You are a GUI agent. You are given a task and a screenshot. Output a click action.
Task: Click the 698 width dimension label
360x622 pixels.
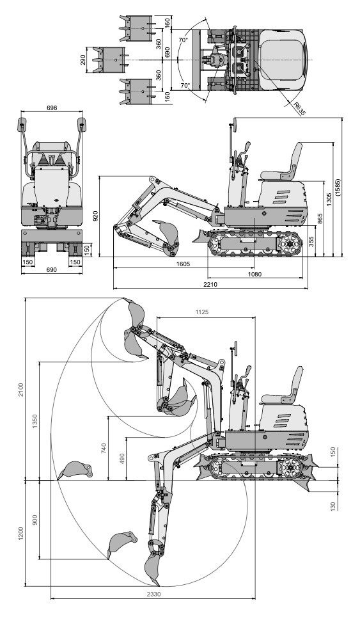click(52, 108)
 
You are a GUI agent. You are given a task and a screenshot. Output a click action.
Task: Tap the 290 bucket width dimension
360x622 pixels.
click(83, 60)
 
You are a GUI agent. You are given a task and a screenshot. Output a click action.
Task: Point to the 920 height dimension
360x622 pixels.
click(96, 217)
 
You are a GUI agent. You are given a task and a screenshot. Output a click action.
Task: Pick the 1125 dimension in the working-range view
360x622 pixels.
click(203, 312)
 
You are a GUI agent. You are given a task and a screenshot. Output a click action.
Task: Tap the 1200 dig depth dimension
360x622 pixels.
click(20, 533)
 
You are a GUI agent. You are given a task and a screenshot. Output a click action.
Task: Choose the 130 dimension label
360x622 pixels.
click(333, 506)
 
